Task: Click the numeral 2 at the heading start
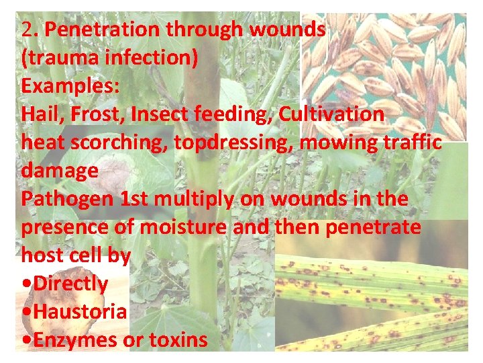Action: click(x=27, y=30)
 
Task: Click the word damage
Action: click(x=59, y=171)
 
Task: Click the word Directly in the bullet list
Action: click(x=70, y=284)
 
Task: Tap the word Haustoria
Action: click(x=80, y=313)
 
